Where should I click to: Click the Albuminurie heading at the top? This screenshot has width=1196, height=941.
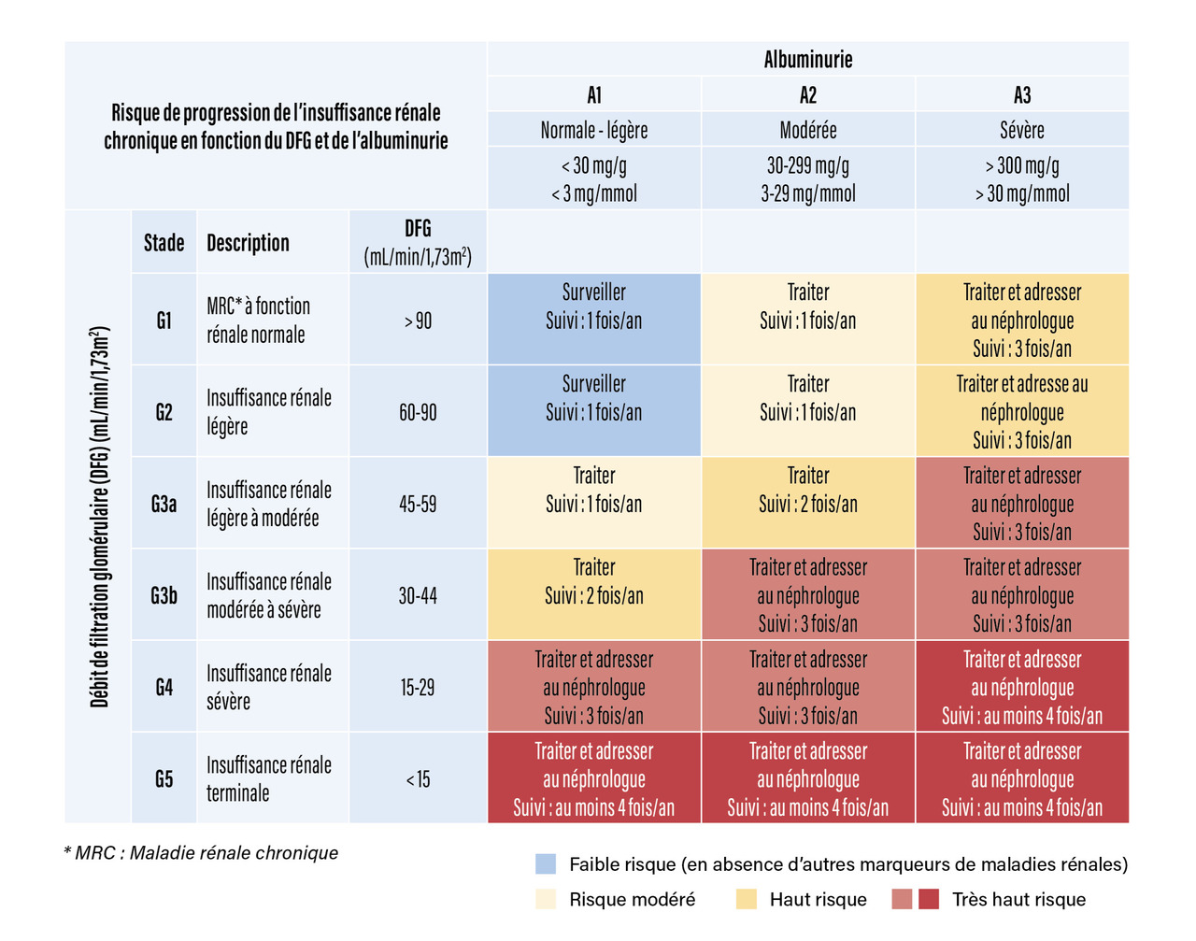tap(807, 60)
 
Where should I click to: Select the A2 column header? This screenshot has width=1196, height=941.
tap(807, 95)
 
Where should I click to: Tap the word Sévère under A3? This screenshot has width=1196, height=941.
tap(1021, 130)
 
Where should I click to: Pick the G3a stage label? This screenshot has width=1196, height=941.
tap(164, 505)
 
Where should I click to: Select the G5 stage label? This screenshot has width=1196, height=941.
tap(164, 779)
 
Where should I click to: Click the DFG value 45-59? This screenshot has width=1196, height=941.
tap(418, 505)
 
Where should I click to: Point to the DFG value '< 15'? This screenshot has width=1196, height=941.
tap(418, 779)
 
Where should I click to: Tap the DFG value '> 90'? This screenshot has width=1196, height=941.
tap(418, 321)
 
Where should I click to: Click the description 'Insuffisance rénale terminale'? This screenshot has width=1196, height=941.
tap(268, 779)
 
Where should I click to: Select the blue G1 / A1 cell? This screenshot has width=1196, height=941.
tap(593, 320)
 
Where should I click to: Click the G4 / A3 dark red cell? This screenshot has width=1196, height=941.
tap(1021, 687)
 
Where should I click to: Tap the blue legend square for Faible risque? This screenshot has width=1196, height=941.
tap(546, 863)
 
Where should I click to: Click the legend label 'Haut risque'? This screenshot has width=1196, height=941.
tap(818, 900)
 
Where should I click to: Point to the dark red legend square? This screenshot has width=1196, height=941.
tap(928, 900)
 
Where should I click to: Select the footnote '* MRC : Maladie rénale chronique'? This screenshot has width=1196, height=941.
tap(201, 853)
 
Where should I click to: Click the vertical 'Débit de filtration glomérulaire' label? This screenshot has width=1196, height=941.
tap(99, 517)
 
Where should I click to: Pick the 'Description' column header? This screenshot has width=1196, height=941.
tap(248, 243)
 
